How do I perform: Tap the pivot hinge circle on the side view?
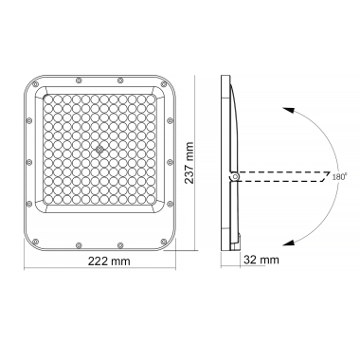tap(233, 176)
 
